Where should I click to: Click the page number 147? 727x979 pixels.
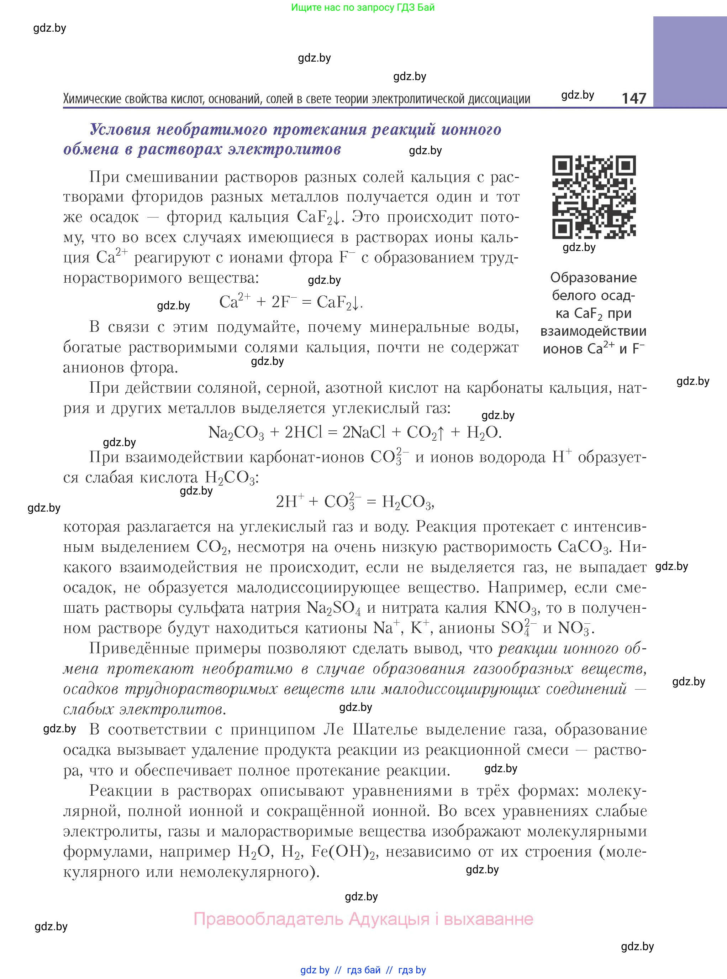point(634,98)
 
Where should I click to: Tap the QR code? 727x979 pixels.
point(594,197)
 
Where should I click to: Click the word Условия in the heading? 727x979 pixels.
point(120,130)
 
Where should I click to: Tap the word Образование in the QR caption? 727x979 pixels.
point(593,277)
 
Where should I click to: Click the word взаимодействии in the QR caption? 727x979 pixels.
point(593,331)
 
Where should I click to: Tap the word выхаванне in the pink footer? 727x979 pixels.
point(489,919)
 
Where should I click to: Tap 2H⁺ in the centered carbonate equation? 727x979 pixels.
point(290,501)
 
